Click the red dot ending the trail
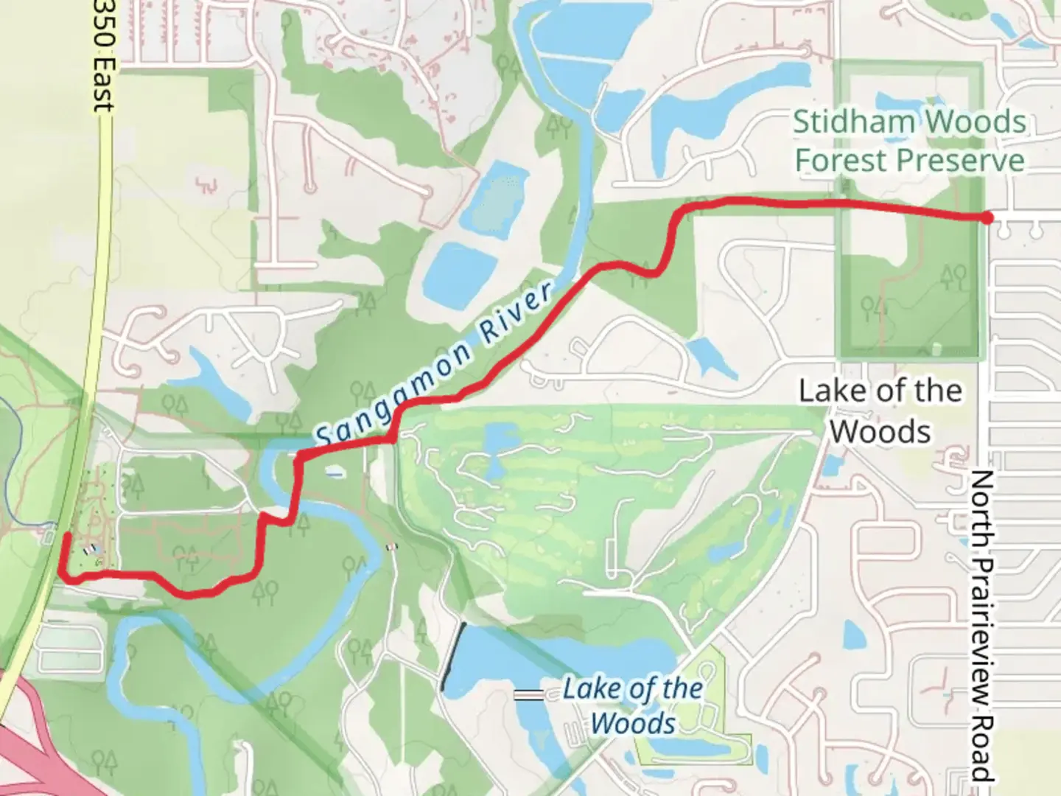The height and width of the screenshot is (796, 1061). [986, 217]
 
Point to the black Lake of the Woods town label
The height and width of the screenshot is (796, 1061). [880, 411]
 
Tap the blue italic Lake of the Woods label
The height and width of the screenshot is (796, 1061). [632, 705]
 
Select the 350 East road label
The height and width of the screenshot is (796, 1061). [103, 55]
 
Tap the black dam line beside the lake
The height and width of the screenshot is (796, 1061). [453, 657]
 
